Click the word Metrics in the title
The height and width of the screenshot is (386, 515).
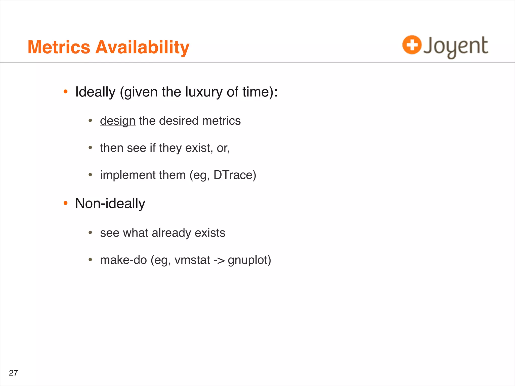59,47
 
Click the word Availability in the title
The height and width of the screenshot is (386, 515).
142,48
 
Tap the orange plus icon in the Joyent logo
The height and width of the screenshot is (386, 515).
412,45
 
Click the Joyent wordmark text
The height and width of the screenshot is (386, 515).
456,46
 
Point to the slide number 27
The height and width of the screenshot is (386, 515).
13,373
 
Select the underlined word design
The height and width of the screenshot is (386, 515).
118,121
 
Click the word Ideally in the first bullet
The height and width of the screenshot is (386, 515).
95,92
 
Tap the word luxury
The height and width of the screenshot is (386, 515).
204,92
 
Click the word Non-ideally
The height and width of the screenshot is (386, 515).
110,203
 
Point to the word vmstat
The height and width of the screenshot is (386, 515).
192,260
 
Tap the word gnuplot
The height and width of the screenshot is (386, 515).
249,260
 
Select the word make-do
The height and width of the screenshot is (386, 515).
123,260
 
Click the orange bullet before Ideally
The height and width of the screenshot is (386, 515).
66,92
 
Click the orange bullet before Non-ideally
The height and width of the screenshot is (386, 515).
66,203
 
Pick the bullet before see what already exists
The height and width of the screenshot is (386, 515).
90,233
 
